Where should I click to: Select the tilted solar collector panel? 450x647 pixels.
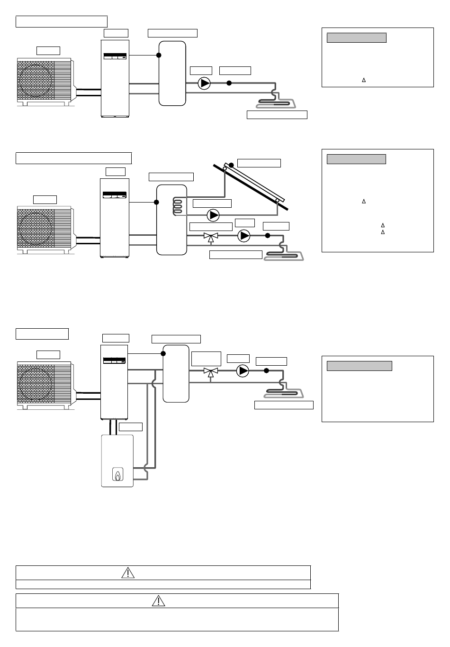(x=251, y=185)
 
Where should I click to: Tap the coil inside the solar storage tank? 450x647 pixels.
(x=177, y=205)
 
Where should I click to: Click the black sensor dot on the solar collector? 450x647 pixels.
(x=231, y=165)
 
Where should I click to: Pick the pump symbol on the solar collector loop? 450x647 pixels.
(x=214, y=215)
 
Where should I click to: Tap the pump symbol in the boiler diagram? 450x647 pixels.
(x=243, y=370)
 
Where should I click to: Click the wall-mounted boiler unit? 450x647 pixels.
(x=117, y=460)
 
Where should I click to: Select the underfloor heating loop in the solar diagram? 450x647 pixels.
(x=284, y=255)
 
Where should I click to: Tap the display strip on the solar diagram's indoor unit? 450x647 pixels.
(x=115, y=195)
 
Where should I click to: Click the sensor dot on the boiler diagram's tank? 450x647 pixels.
(x=163, y=353)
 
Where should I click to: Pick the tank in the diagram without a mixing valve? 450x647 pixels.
(x=172, y=73)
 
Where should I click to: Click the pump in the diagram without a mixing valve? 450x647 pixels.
(x=204, y=83)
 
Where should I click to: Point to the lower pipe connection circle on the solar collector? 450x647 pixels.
(x=277, y=201)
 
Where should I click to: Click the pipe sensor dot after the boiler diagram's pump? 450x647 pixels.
(x=266, y=370)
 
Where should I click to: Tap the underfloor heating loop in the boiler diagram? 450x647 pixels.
(x=283, y=392)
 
